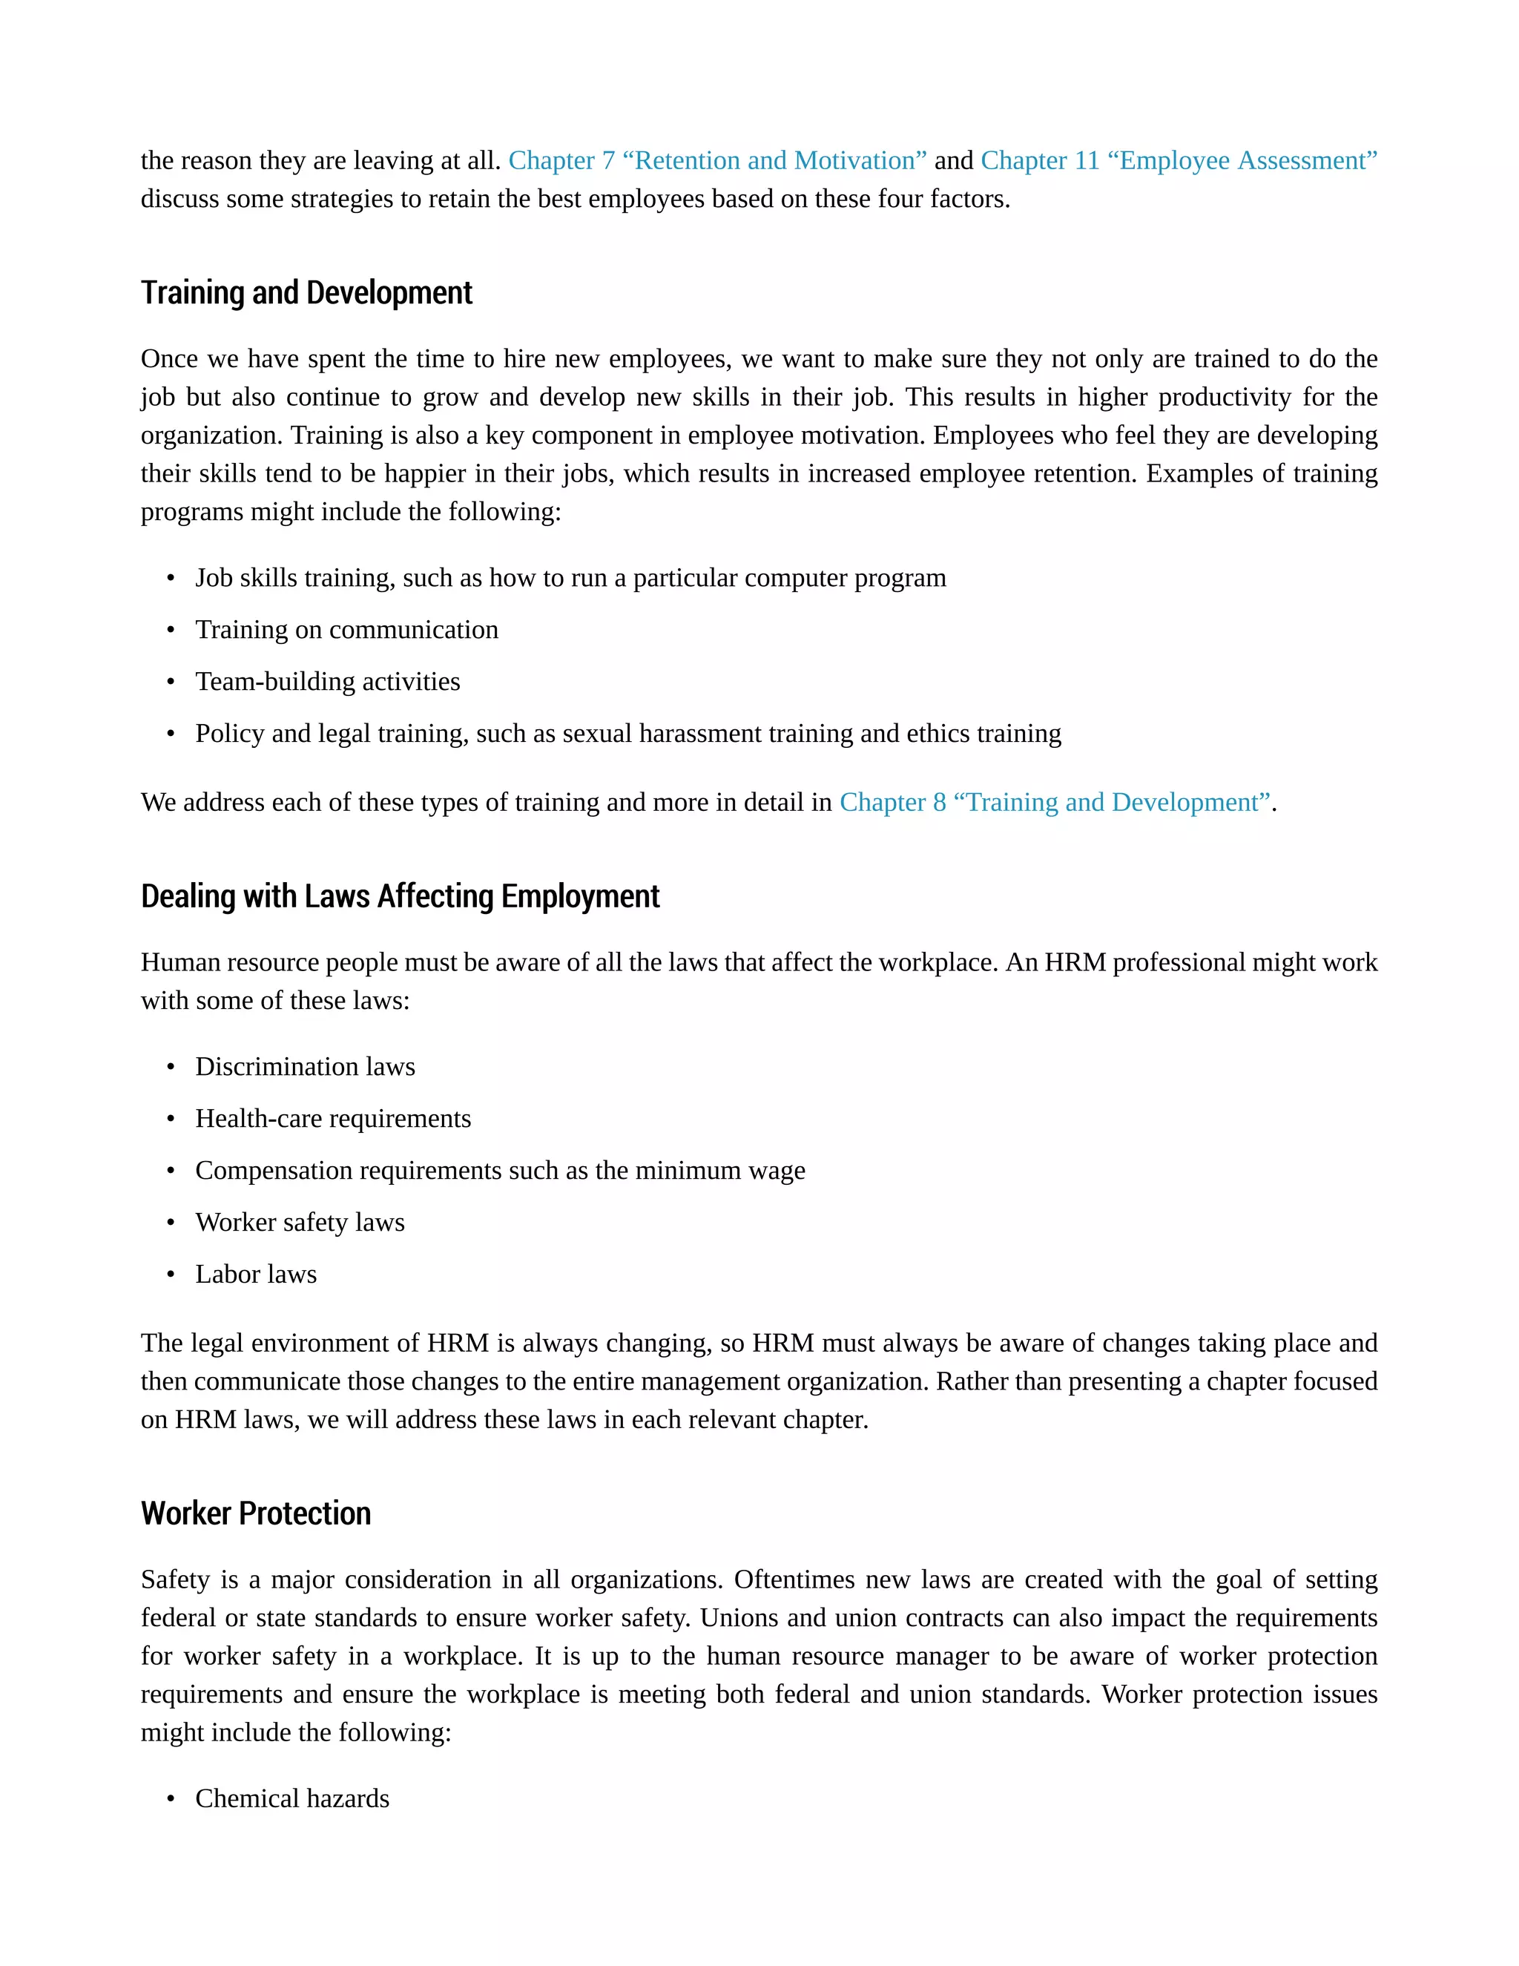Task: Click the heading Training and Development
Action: point(306,294)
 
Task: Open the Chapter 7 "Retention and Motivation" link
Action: point(717,160)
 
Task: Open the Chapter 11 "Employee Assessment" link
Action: point(1178,160)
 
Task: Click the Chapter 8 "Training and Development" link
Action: point(1055,802)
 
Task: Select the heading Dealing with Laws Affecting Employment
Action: point(400,897)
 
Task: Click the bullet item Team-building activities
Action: point(328,682)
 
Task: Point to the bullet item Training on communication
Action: point(346,629)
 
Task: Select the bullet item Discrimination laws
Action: point(305,1067)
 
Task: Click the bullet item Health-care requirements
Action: point(333,1119)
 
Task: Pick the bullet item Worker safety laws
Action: point(300,1223)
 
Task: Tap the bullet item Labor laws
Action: point(256,1275)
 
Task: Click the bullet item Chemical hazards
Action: point(291,1798)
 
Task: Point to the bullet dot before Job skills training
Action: point(170,579)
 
